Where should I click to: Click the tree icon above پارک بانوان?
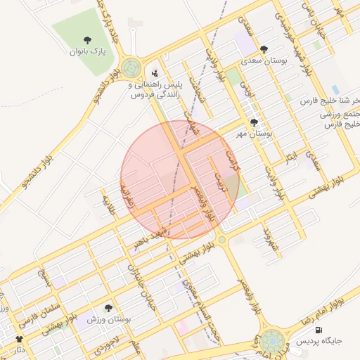click(x=87, y=39)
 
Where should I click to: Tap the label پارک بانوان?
click(x=88, y=51)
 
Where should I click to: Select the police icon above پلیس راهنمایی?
click(x=155, y=72)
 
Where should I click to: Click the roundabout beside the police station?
click(x=130, y=68)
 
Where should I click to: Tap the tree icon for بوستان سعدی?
click(x=264, y=49)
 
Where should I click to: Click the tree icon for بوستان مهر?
click(x=254, y=122)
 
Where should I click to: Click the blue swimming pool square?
click(x=335, y=90)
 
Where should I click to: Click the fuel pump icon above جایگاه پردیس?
click(x=319, y=330)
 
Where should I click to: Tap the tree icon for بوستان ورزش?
click(x=108, y=307)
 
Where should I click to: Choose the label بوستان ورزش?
click(x=110, y=319)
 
